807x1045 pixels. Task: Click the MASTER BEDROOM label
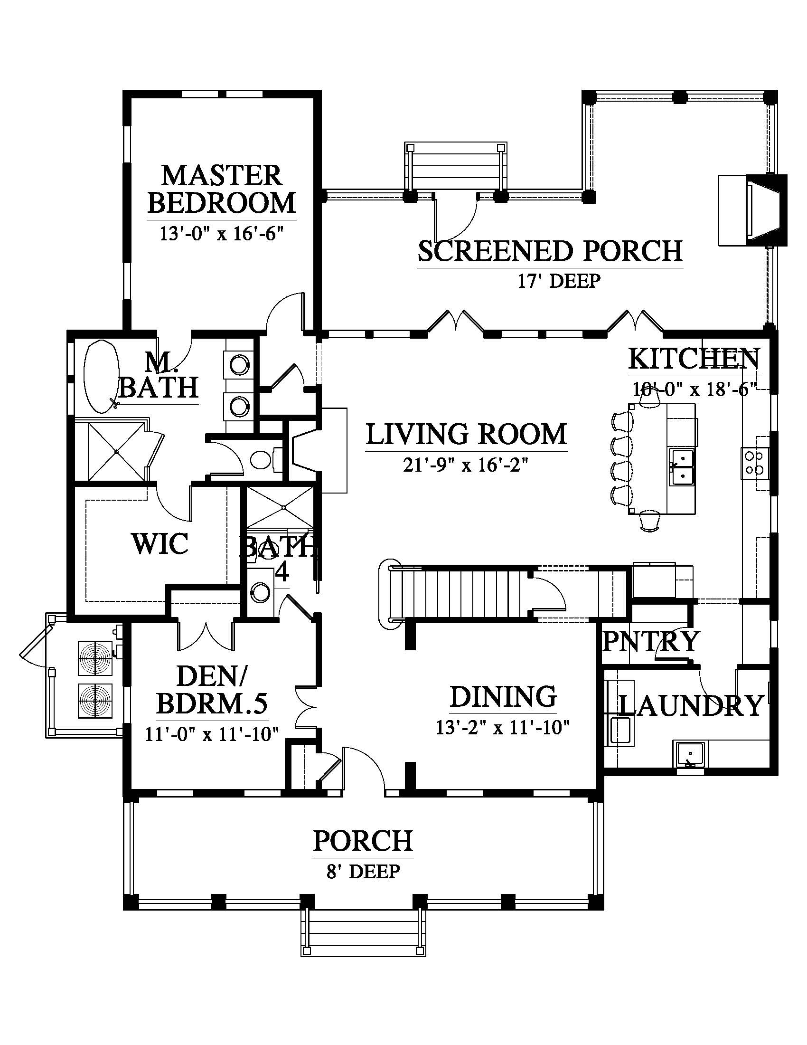click(x=222, y=189)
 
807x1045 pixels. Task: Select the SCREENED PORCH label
click(x=550, y=251)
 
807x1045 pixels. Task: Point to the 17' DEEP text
click(x=559, y=281)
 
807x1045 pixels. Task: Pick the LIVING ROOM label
click(x=467, y=434)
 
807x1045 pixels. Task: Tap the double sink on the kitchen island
click(x=681, y=467)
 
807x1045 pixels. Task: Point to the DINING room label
click(x=503, y=696)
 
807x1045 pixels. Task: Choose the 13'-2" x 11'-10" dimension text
click(x=503, y=728)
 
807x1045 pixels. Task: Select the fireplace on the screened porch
click(x=752, y=210)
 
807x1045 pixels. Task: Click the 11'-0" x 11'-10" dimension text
click(x=212, y=733)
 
